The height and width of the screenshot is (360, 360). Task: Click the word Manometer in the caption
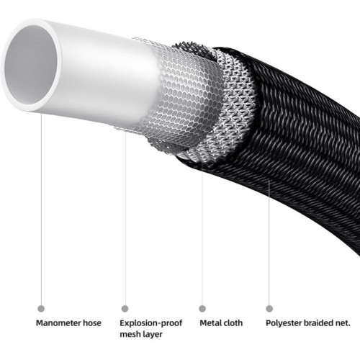tap(58, 323)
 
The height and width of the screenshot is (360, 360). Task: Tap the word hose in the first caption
tap(92, 323)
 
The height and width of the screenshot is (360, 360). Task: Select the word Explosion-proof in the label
tap(151, 323)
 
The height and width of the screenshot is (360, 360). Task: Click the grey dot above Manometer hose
tap(41, 309)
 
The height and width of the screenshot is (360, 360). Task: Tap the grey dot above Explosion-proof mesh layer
tap(125, 309)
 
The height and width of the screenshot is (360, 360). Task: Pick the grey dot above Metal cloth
tap(202, 309)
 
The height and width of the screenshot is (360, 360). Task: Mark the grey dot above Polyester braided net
tap(269, 309)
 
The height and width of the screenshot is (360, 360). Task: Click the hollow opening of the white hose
tap(30, 65)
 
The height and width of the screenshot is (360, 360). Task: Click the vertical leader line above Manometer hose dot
tap(41, 209)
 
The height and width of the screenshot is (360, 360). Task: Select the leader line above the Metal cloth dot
tap(202, 234)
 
